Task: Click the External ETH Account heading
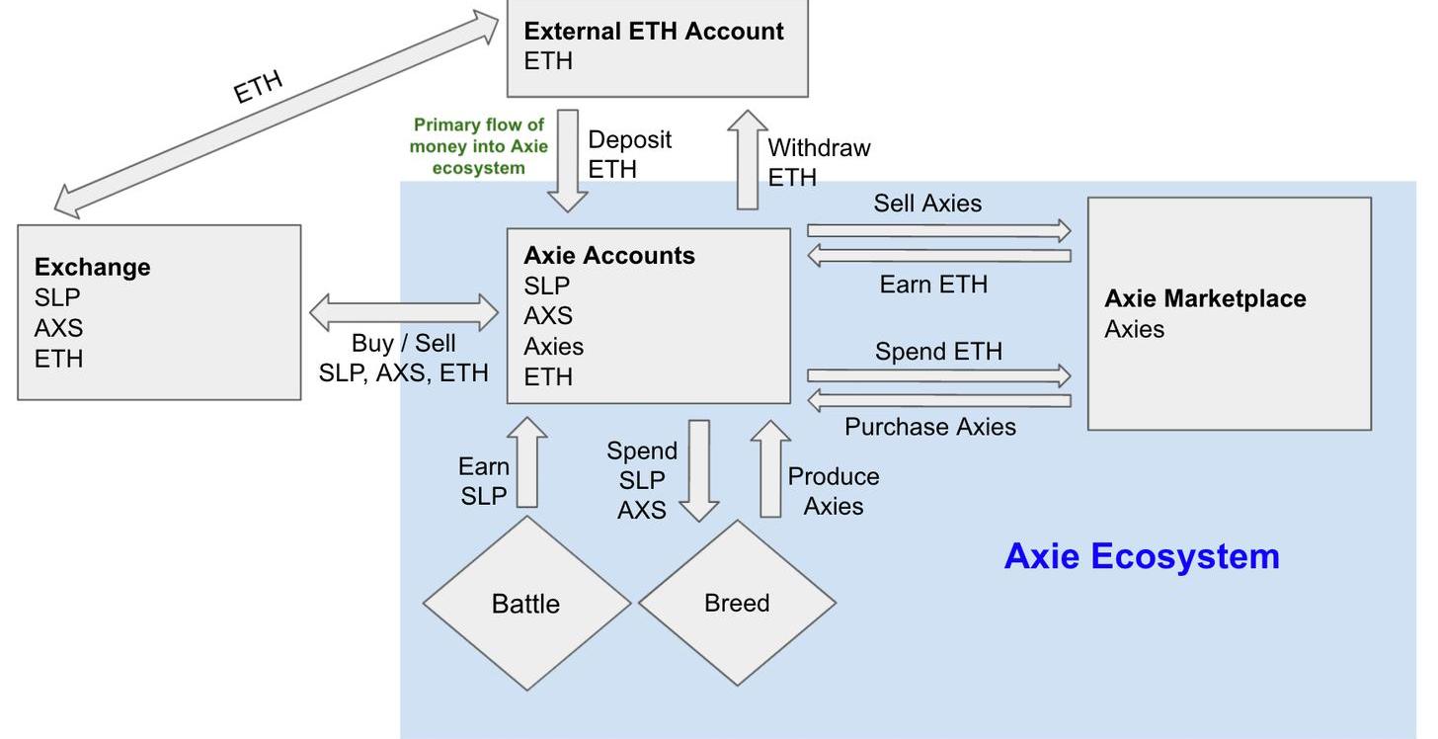tap(654, 31)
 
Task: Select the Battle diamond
tap(526, 603)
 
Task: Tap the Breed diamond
tap(737, 603)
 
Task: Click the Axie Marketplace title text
tap(1205, 298)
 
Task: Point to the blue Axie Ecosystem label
tap(1142, 556)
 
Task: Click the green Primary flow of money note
tap(478, 146)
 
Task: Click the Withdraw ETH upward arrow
tap(748, 160)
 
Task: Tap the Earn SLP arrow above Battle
tap(527, 462)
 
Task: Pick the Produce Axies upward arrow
tap(770, 469)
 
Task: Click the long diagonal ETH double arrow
tap(277, 113)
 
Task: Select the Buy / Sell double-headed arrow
tap(404, 313)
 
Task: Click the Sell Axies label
tap(927, 204)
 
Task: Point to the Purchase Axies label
tap(929, 427)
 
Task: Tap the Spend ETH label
tap(938, 352)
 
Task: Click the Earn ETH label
tap(933, 285)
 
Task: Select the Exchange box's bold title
tap(92, 267)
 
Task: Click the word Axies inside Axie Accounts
tap(553, 347)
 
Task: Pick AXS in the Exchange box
tap(58, 328)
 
